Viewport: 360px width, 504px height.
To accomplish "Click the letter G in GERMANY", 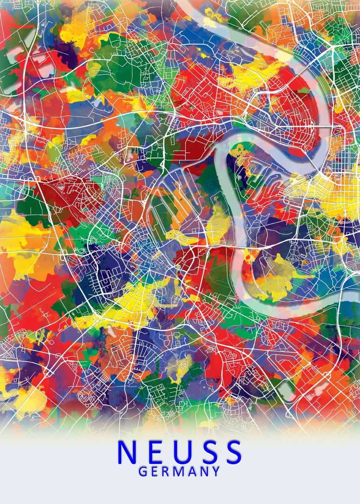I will click(142, 471).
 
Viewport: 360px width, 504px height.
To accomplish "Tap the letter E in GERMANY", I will click(154, 471).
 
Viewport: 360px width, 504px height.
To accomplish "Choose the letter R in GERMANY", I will click(166, 471).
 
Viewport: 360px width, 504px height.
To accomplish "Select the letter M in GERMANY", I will click(178, 471).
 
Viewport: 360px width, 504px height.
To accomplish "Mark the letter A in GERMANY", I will click(191, 471).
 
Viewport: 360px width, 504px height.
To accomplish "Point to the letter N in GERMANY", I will click(203, 471).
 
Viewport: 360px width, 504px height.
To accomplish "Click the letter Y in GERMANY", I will click(215, 471).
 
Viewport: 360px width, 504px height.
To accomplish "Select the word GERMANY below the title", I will click(179, 471).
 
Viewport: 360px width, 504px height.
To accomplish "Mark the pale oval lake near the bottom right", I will click(286, 388).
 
